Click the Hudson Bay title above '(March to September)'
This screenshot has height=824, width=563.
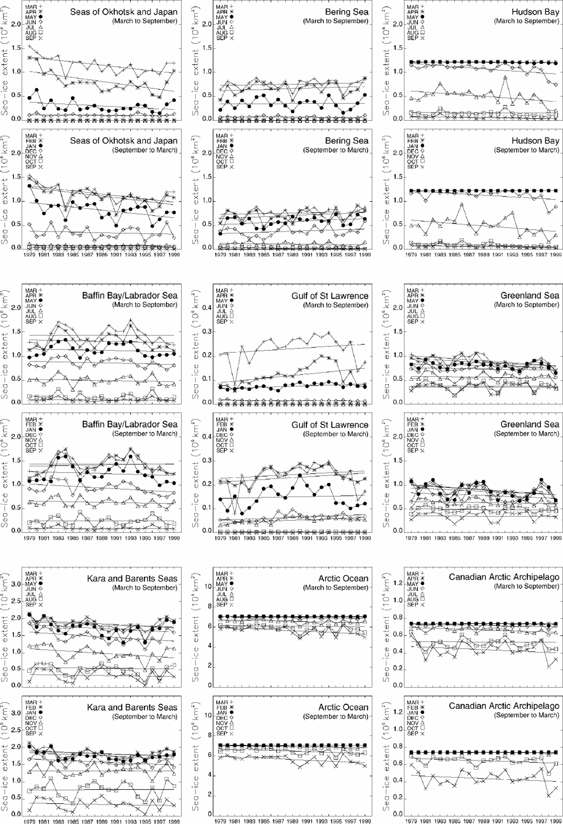pyautogui.click(x=535, y=12)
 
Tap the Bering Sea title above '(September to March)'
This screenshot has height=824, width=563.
pyautogui.click(x=347, y=141)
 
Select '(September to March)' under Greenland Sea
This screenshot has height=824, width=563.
pyautogui.click(x=526, y=434)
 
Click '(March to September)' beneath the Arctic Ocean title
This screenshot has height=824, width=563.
pyautogui.click(x=335, y=588)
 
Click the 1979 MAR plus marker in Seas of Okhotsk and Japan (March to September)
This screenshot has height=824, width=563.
pyautogui.click(x=29, y=47)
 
